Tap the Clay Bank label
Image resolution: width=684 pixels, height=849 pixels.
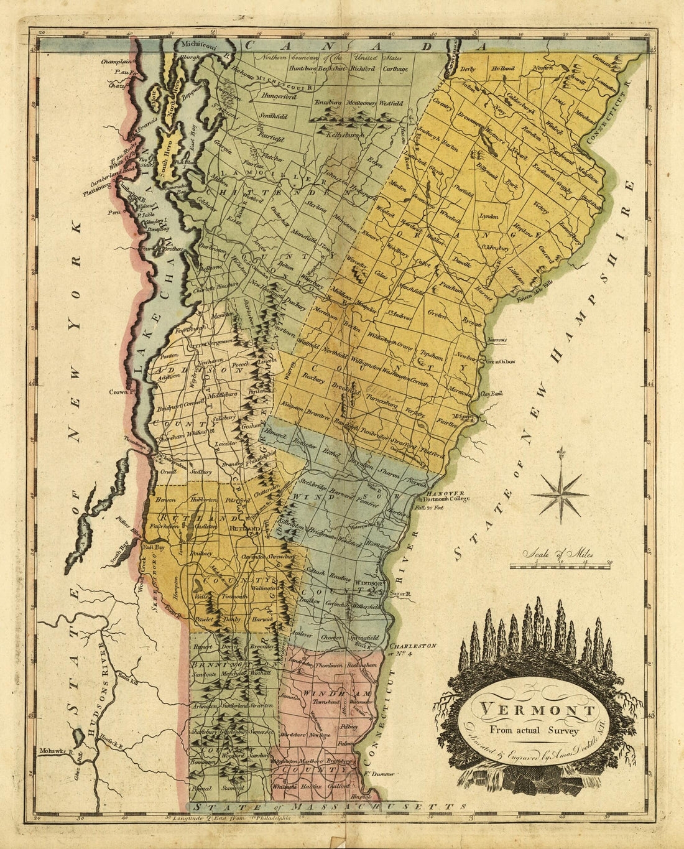(491, 393)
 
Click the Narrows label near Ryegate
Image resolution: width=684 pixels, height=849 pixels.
(497, 340)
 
